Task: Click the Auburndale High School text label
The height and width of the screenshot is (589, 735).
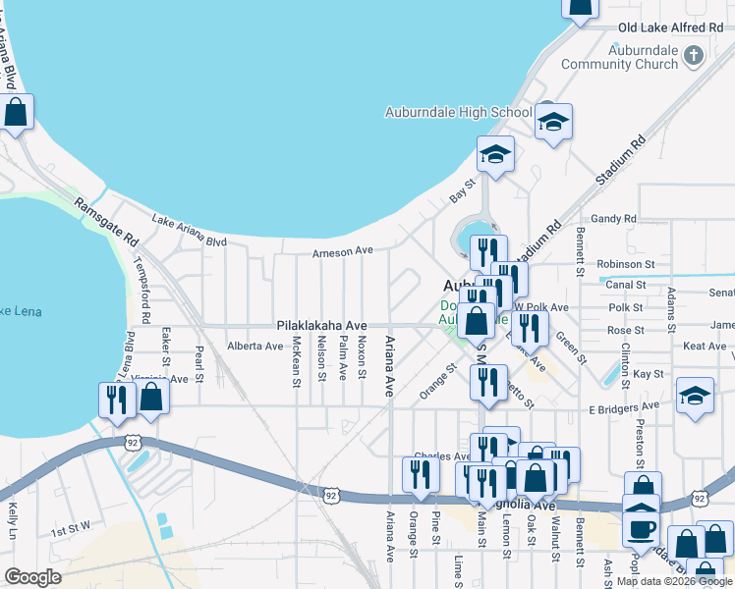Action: [x=458, y=112]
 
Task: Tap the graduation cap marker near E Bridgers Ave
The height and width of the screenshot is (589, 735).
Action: [x=696, y=396]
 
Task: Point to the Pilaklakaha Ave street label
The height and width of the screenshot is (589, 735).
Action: [x=321, y=325]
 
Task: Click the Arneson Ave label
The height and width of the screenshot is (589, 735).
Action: [x=343, y=251]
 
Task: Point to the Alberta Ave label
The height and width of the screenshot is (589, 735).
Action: [x=254, y=347]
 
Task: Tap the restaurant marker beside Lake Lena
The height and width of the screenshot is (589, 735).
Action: [x=117, y=400]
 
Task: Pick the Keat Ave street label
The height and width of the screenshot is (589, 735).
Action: [x=705, y=347]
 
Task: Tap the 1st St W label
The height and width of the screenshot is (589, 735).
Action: [x=71, y=529]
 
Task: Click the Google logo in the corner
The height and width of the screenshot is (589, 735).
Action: [x=32, y=576]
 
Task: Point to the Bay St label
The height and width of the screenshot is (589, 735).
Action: [x=463, y=184]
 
